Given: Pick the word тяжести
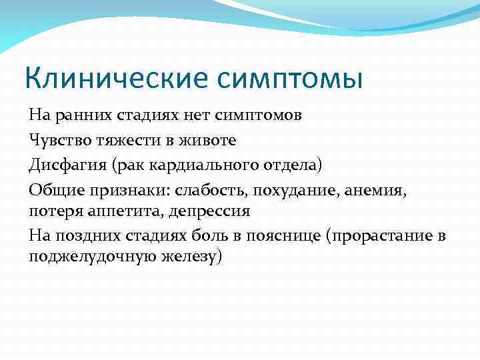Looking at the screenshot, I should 117,140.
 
